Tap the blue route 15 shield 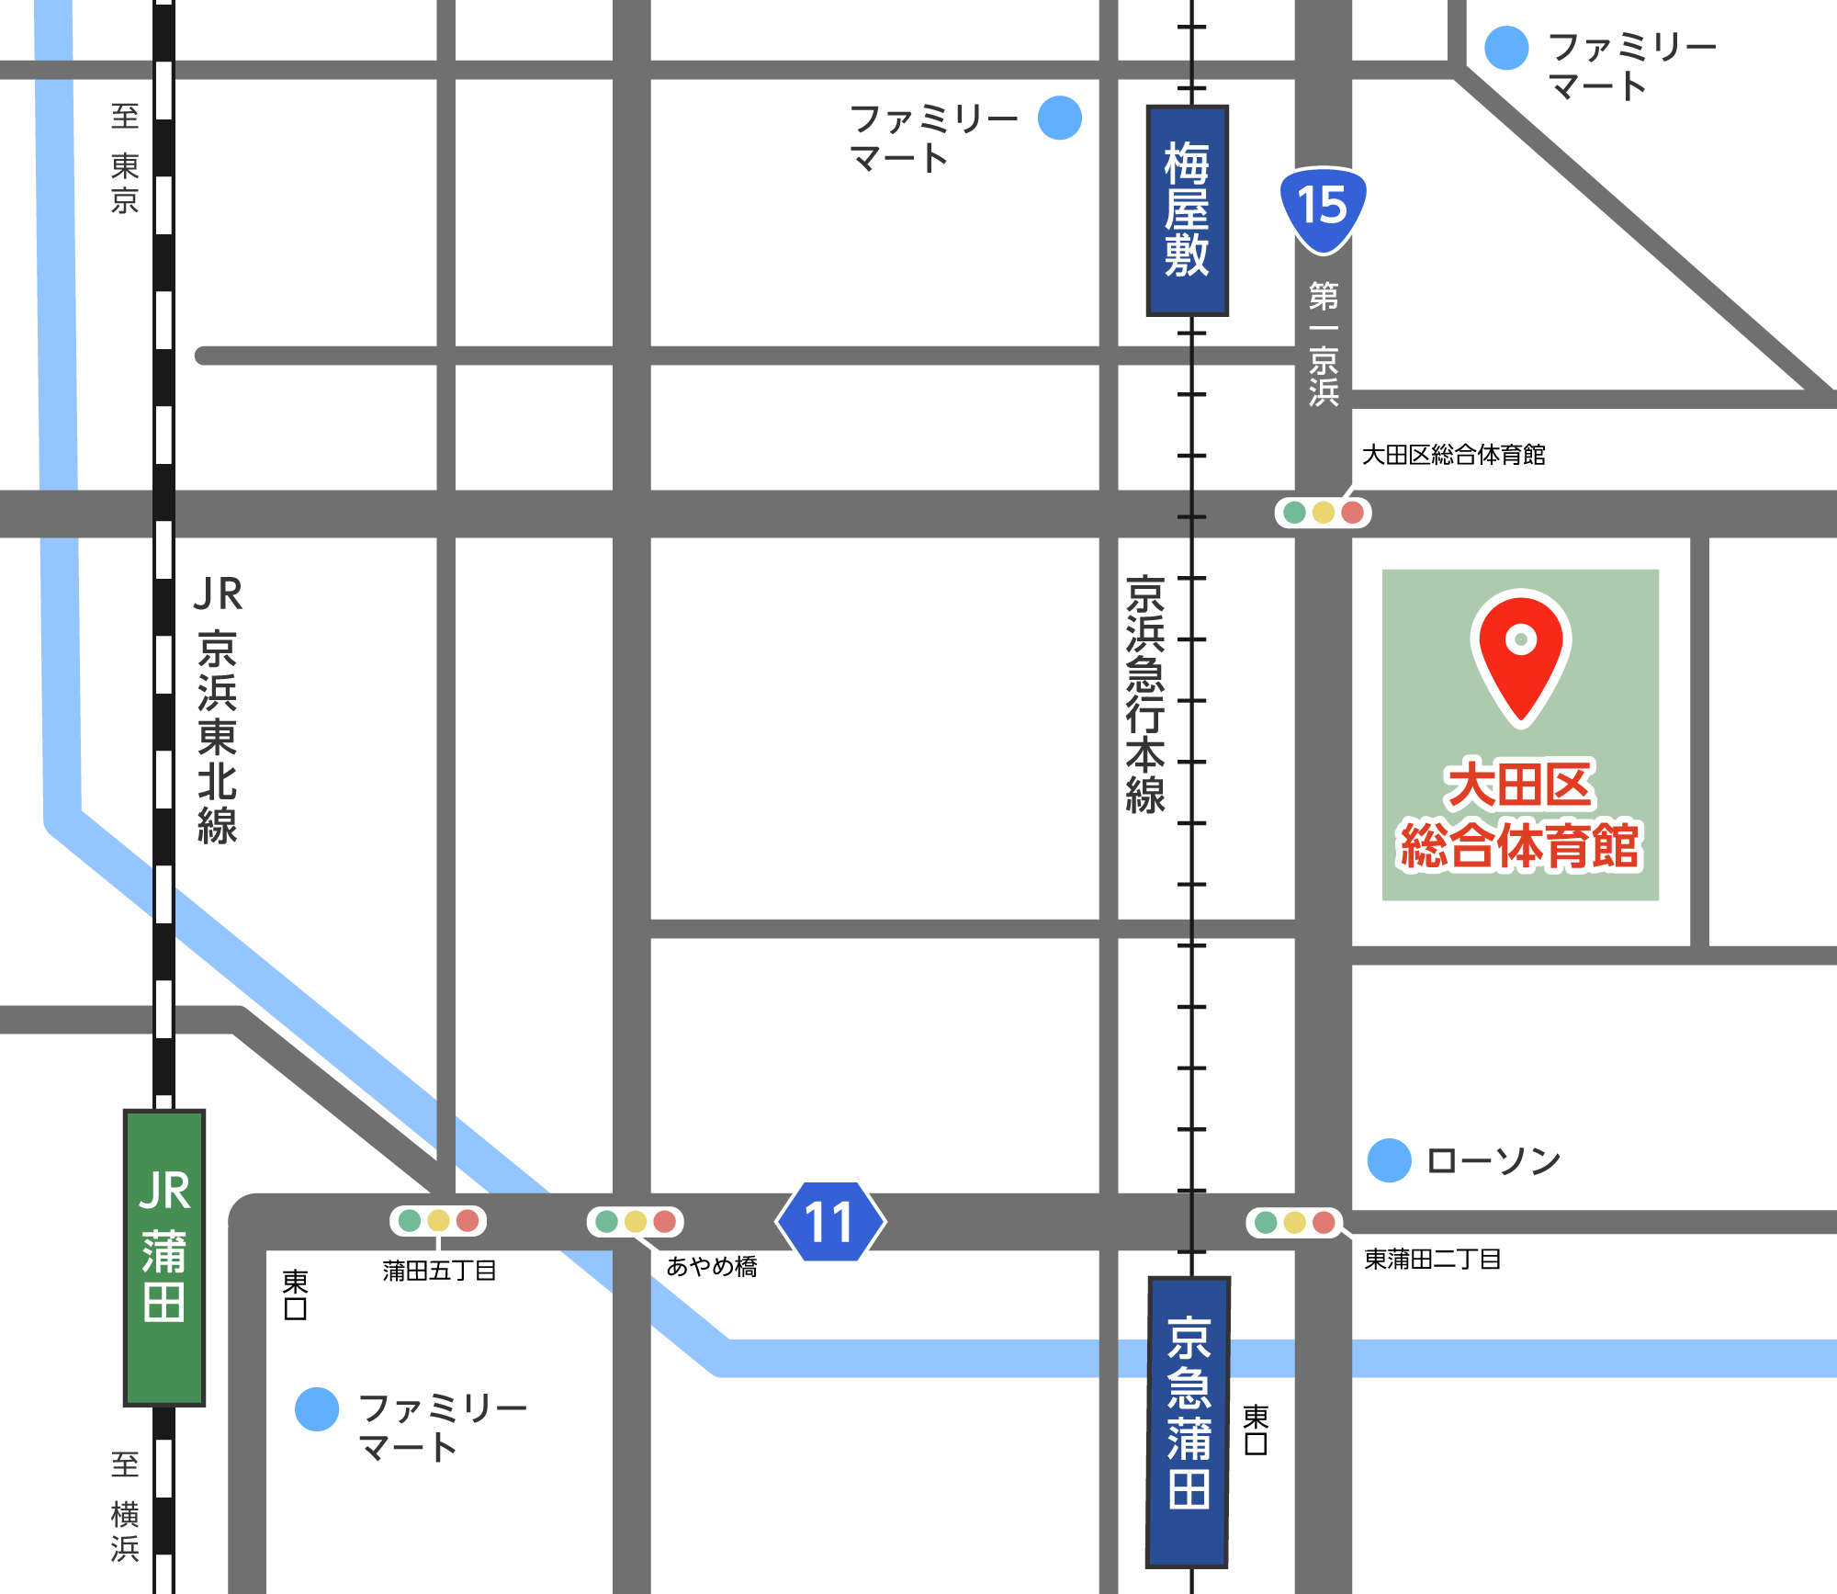[x=1323, y=208]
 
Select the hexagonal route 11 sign [x=830, y=1222]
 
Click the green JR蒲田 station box [x=164, y=1257]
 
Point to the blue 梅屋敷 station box [x=1187, y=210]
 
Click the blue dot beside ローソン [x=1389, y=1160]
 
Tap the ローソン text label [x=1493, y=1161]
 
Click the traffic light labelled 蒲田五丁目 [x=438, y=1220]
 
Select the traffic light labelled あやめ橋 [x=636, y=1221]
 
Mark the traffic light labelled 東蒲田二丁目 [x=1294, y=1222]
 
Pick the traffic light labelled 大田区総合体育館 [x=1323, y=512]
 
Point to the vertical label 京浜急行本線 [x=1145, y=695]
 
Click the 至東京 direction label [x=125, y=158]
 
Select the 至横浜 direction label [x=125, y=1506]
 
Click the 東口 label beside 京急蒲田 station [x=1256, y=1430]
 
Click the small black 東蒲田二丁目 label [x=1432, y=1259]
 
